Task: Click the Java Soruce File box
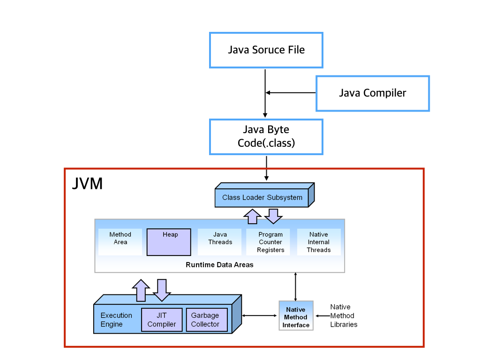266,50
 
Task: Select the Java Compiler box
373,93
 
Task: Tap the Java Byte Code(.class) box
266,136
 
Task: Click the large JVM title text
87,183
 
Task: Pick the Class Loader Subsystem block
262,197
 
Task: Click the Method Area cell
120,239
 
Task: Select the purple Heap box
169,242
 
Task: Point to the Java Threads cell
220,239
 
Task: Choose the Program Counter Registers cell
270,242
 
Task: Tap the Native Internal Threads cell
319,242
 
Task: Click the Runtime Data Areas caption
219,265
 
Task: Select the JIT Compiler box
162,320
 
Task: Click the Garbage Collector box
206,320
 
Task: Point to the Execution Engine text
116,320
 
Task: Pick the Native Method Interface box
296,316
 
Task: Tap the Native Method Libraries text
344,315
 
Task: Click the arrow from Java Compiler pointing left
291,93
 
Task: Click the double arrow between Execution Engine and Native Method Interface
260,315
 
